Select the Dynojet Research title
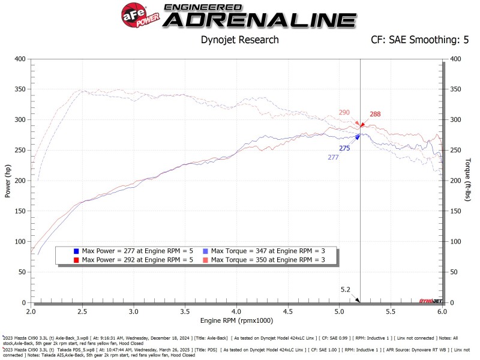(239, 40)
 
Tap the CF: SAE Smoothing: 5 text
(411, 40)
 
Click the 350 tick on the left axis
(20, 89)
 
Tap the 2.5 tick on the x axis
(82, 312)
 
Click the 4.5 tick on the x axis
(288, 312)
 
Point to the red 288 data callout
(375, 114)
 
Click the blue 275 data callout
(344, 148)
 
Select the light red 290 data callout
(344, 112)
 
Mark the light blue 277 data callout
(333, 157)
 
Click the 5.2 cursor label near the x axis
(345, 289)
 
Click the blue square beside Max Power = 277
(76, 250)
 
